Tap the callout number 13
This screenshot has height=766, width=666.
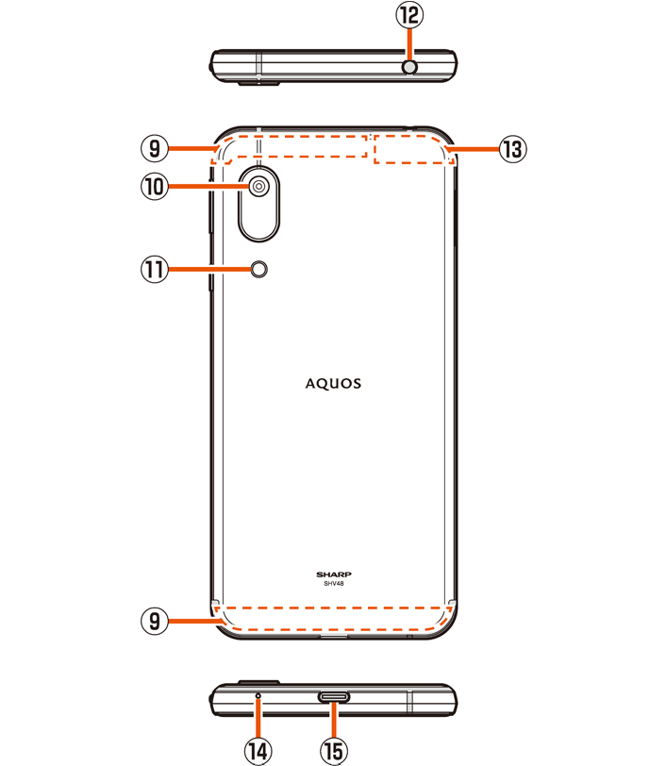512,149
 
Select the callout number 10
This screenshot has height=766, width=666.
154,187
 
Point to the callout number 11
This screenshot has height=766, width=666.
154,270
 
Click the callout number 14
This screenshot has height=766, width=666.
258,751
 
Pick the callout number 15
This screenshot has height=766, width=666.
333,751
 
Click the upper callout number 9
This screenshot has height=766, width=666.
154,148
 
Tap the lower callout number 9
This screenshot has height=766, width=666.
154,620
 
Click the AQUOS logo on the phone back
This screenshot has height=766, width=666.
333,384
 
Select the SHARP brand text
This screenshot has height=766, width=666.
333,574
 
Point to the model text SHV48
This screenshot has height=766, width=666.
333,584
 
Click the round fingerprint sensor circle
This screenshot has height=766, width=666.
259,271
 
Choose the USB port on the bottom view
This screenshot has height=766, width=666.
333,697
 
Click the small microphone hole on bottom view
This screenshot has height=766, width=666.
258,694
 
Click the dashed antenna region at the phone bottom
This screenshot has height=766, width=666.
333,618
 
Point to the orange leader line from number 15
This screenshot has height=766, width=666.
333,722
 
